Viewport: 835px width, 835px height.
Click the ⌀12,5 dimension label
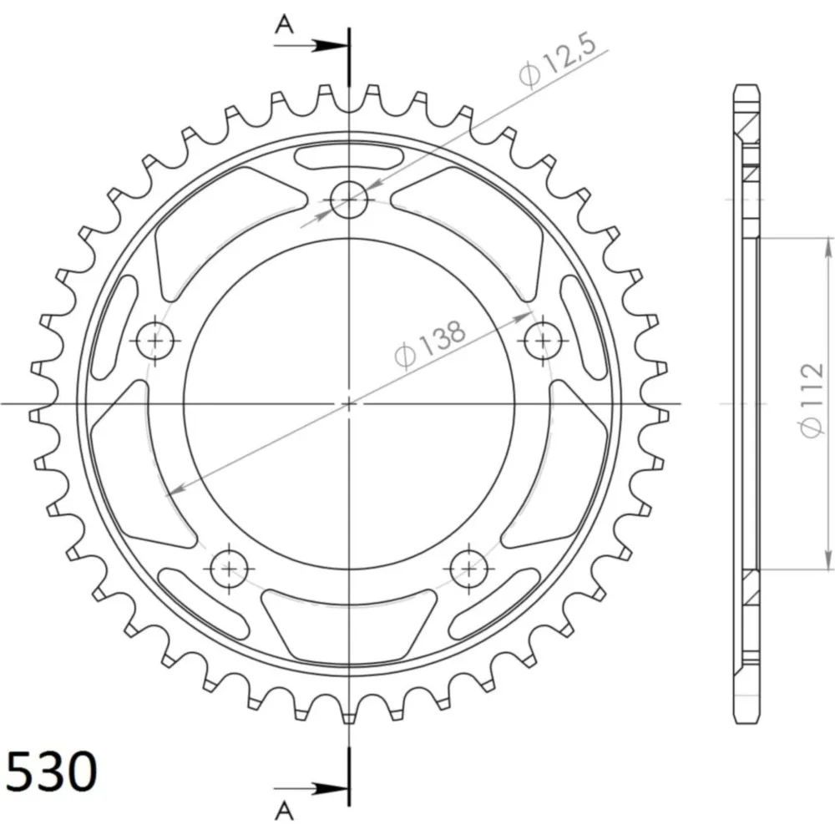tap(557, 62)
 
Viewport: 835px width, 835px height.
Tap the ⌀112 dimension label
tap(812, 401)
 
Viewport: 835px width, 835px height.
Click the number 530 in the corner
tap(52, 772)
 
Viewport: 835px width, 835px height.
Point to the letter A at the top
tap(285, 24)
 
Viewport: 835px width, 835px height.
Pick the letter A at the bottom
tap(285, 811)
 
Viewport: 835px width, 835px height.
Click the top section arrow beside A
tap(311, 46)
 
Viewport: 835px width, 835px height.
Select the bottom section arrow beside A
tap(311, 788)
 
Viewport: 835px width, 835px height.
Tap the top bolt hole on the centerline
tap(349, 200)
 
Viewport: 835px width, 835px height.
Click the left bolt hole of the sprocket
tap(155, 341)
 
